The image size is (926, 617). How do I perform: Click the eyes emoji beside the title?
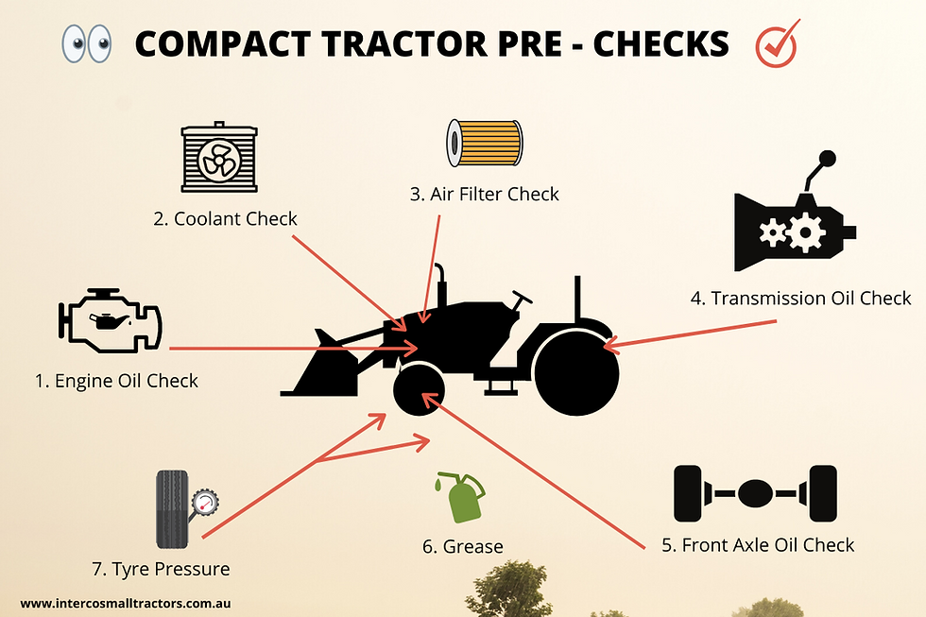click(86, 44)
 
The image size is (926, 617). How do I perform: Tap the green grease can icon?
click(461, 498)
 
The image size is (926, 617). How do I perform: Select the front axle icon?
click(755, 493)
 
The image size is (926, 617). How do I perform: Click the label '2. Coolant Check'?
click(225, 219)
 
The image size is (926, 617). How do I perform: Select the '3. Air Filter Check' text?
click(484, 195)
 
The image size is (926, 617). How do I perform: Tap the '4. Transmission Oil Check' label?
click(800, 299)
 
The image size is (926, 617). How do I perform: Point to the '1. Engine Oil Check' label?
click(116, 381)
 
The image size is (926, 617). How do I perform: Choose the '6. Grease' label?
click(462, 546)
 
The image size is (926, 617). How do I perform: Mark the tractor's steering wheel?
click(521, 300)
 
